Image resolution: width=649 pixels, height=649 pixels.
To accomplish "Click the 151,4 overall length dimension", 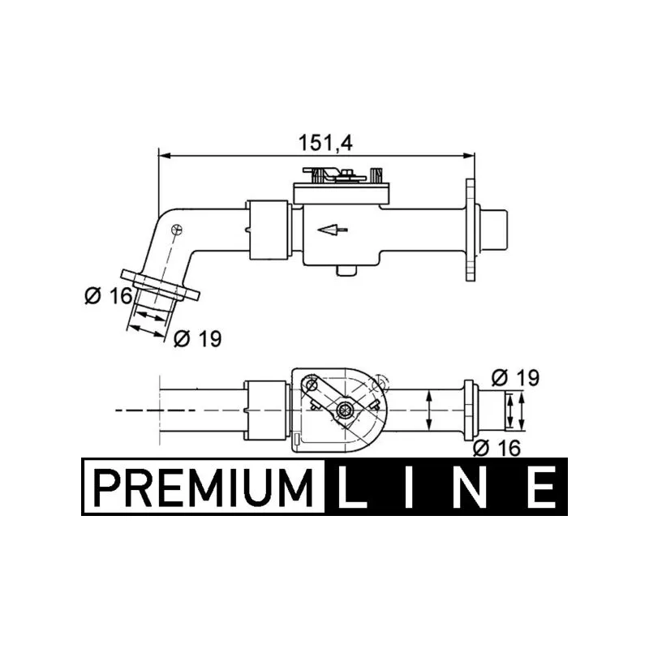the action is click(x=325, y=143).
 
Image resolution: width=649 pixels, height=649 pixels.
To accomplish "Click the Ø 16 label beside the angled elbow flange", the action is click(x=109, y=296).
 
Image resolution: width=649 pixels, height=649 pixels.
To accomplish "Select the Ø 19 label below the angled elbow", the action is click(x=198, y=338).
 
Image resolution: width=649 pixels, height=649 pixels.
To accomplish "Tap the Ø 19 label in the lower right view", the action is click(x=516, y=377).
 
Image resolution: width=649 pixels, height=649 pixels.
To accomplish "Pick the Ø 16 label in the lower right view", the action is click(x=496, y=448).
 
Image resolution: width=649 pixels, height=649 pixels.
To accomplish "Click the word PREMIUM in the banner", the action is click(x=204, y=486).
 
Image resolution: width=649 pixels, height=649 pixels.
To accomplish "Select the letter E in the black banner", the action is click(x=541, y=487).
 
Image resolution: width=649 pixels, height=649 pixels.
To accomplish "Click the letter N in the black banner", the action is click(x=470, y=487).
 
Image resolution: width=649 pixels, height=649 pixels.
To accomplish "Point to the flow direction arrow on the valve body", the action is click(x=333, y=229).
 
